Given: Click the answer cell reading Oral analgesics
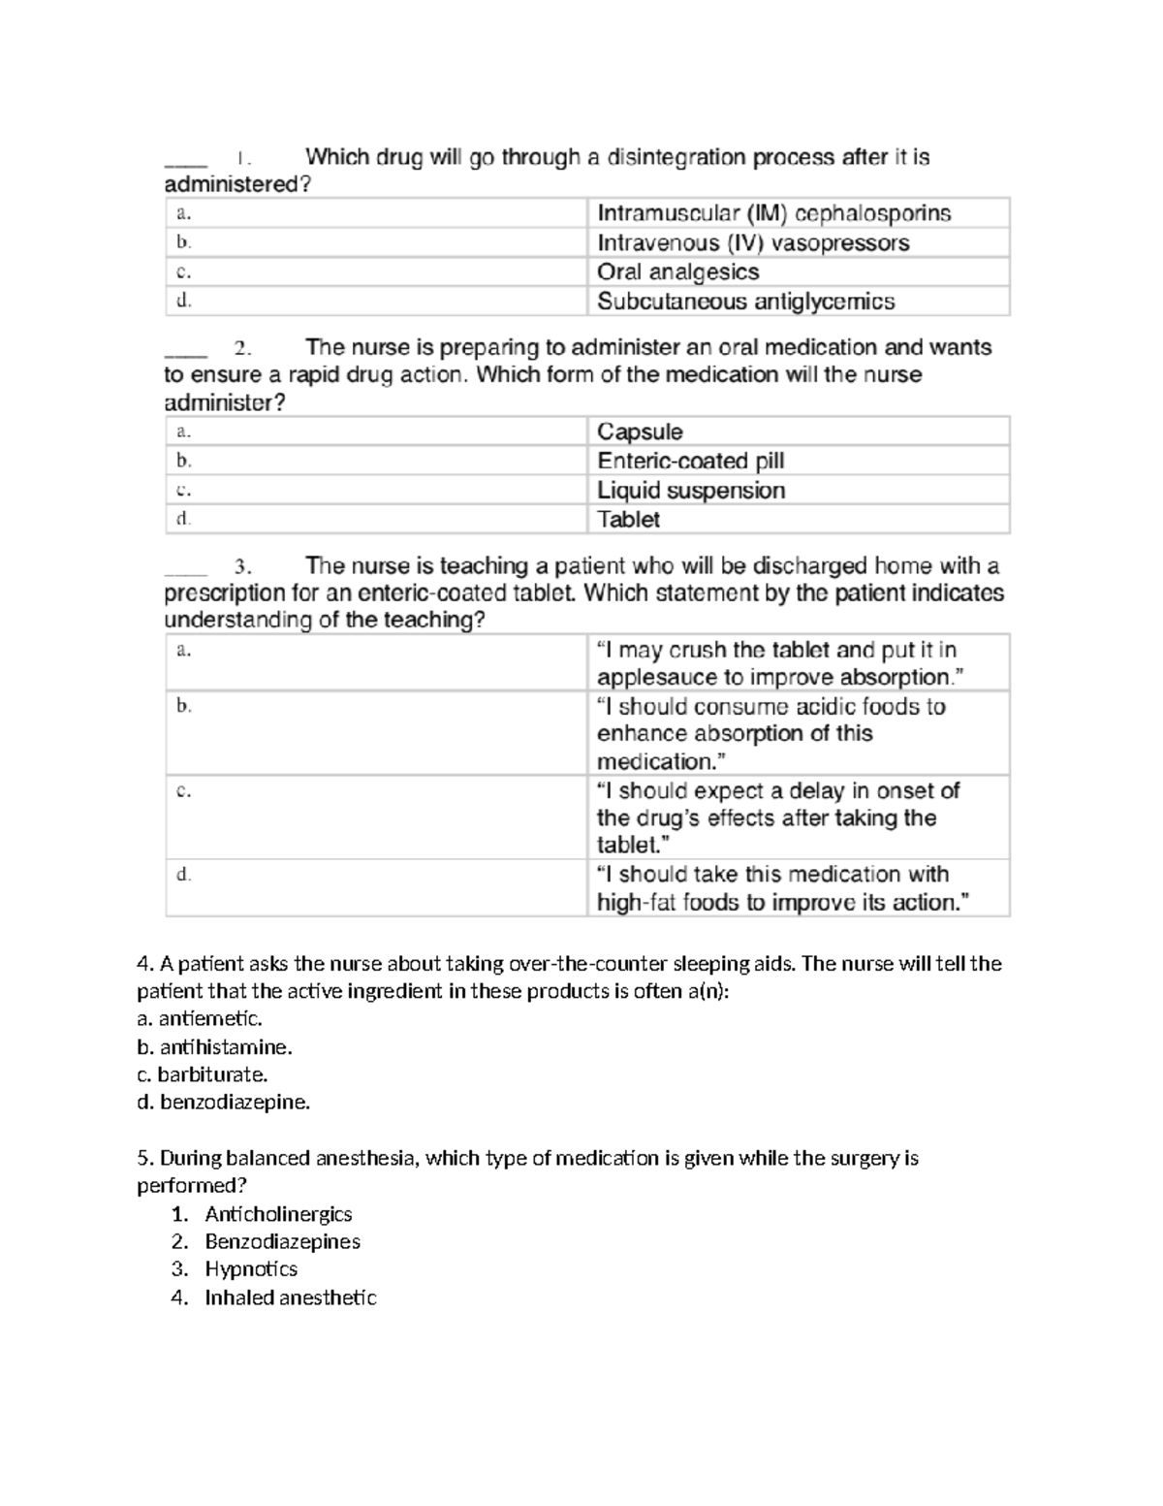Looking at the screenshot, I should click(677, 272).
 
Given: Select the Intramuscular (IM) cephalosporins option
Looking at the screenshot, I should click(773, 213).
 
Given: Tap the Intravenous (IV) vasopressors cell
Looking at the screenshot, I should click(753, 242).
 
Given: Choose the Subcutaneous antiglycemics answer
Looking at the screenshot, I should click(745, 302).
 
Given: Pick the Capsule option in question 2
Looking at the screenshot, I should click(640, 432).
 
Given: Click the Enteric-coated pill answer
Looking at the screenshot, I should click(690, 461).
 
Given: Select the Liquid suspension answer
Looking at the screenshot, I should click(690, 491).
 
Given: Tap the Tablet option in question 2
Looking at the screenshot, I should click(628, 520).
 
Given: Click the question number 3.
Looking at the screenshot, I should click(242, 566).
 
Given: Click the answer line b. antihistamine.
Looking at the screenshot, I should click(214, 1047).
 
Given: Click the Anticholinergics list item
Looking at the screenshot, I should click(278, 1214).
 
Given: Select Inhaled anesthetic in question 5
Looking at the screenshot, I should click(290, 1298).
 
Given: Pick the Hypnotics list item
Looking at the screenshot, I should click(251, 1269).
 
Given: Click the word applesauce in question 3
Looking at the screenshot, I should click(652, 677).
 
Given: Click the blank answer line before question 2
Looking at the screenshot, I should click(185, 351).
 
